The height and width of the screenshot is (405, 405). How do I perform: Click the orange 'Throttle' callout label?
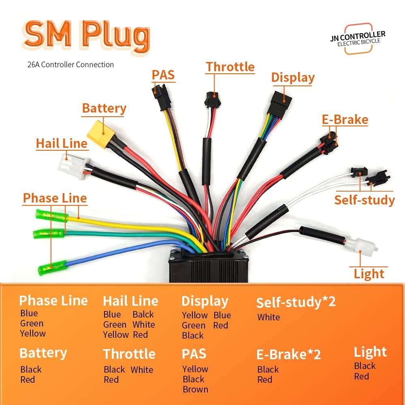point(230,67)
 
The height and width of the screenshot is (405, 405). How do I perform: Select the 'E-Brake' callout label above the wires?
point(345,119)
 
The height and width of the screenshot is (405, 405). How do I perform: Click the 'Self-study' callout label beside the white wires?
point(364,200)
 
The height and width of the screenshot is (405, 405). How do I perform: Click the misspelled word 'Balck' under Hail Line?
point(143,314)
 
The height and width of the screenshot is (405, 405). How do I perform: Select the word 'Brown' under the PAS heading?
point(195,389)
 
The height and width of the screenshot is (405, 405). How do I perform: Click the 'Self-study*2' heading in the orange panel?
point(296,302)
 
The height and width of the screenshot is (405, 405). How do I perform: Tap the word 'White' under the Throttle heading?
point(142,370)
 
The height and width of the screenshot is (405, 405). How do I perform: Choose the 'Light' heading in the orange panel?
point(370,352)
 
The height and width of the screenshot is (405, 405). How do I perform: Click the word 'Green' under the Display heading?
point(194,325)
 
